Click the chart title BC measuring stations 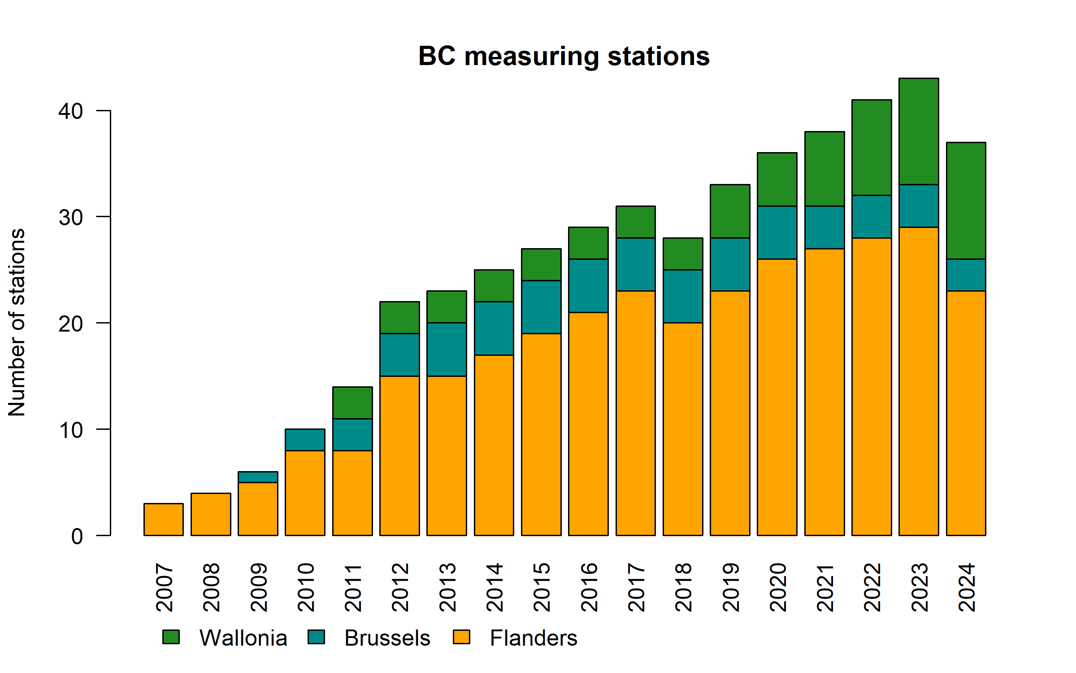coord(564,57)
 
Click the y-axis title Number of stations coord(17,323)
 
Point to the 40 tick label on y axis coord(70,111)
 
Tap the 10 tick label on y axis coord(70,430)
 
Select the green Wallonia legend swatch coord(171,637)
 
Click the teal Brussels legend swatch coord(316,637)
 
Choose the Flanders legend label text coord(533,638)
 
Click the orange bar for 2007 coord(163,519)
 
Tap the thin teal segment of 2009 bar coord(258,477)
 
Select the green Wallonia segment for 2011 coord(352,402)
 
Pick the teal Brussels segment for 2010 coord(305,440)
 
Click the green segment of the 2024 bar coord(966,201)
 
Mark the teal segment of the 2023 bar coord(919,205)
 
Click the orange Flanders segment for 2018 coord(683,428)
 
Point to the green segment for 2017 coord(635,222)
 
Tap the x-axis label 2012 coord(400,587)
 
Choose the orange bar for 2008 coord(211,514)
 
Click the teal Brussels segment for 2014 coord(494,328)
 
